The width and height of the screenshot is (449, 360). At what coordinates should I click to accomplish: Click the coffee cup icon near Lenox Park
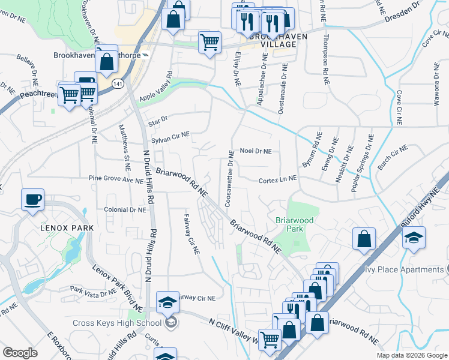[x=32, y=200]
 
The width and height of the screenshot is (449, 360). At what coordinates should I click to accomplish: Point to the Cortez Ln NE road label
[x=277, y=179]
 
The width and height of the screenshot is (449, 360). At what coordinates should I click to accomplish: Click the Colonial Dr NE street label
[x=125, y=211]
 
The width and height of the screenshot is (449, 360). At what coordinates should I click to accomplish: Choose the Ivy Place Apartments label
[x=406, y=269]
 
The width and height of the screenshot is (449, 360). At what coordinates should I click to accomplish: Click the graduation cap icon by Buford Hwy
[x=414, y=238]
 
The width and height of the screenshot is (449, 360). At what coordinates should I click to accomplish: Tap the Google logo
[x=20, y=353]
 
